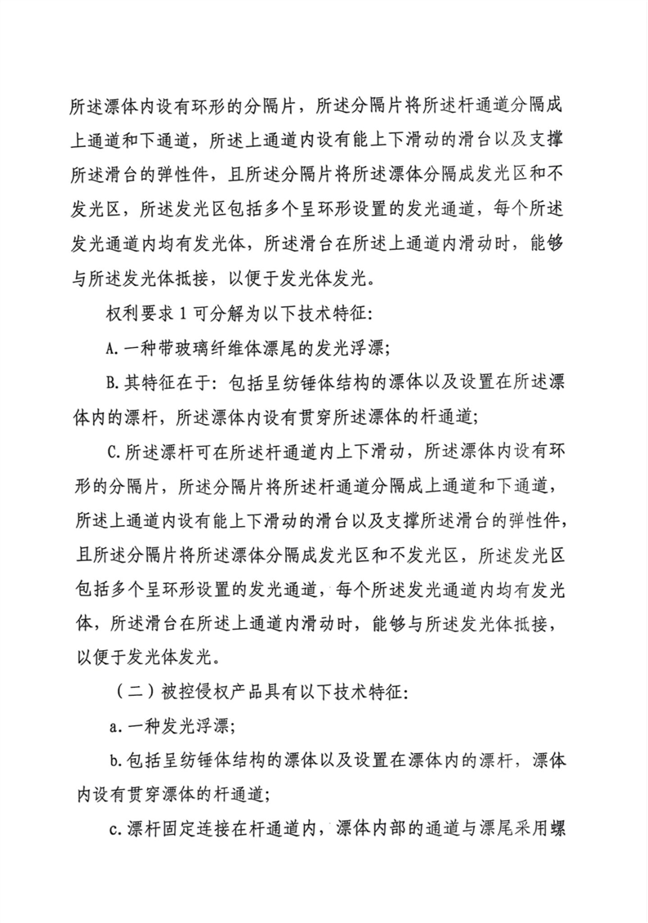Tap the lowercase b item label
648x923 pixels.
pyautogui.click(x=111, y=759)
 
